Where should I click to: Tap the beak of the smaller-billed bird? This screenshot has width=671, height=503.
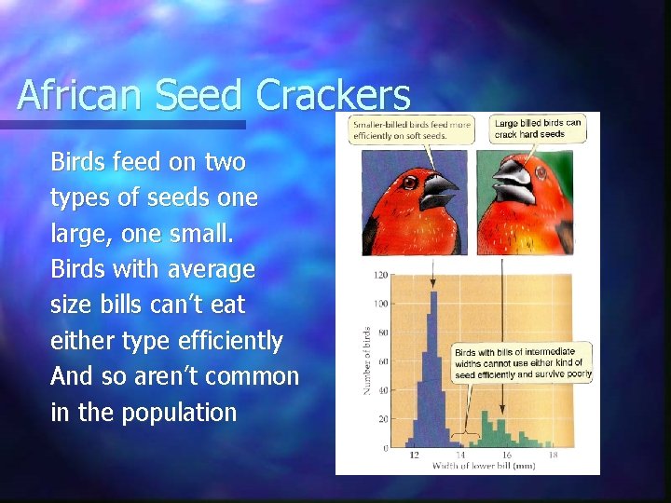click(437, 190)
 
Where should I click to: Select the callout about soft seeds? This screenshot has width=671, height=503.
click(411, 129)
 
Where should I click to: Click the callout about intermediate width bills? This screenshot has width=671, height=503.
click(523, 363)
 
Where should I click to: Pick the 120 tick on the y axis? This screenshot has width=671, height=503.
click(380, 275)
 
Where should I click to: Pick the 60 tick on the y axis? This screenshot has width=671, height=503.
click(382, 361)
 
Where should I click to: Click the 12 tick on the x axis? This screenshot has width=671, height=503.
click(413, 455)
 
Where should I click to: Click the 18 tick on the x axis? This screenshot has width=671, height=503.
click(553, 455)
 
